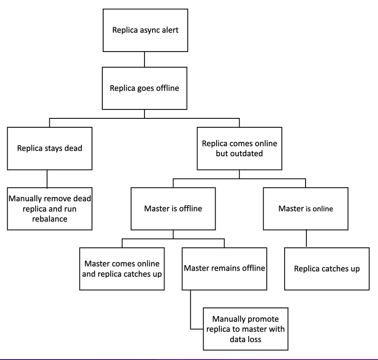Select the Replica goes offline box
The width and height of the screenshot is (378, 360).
(x=145, y=88)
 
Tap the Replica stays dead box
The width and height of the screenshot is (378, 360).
(x=49, y=148)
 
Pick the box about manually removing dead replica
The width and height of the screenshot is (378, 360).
(x=49, y=208)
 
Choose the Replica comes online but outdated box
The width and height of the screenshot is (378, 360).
(x=240, y=148)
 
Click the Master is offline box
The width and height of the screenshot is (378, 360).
(x=173, y=208)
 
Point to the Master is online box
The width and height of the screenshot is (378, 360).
(x=306, y=208)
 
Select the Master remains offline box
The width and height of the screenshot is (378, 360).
(x=224, y=268)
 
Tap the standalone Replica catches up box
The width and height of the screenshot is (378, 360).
(x=327, y=269)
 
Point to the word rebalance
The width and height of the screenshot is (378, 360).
(x=49, y=219)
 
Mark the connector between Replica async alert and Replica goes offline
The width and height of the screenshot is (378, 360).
(x=145, y=59)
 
